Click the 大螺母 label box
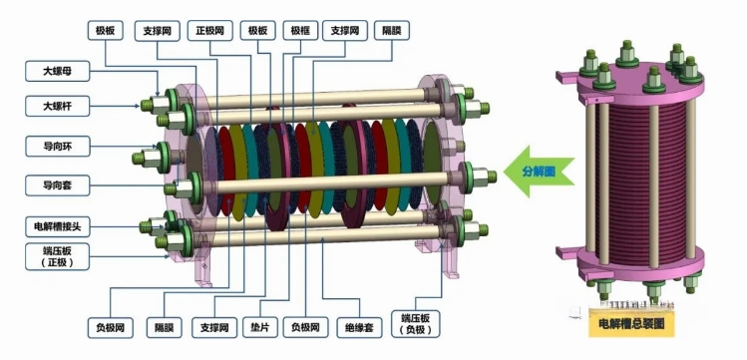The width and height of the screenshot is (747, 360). tap(57, 72)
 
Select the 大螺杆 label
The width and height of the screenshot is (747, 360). tap(57, 106)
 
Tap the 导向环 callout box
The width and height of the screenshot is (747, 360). tap(57, 147)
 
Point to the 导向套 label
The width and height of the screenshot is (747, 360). tap(57, 184)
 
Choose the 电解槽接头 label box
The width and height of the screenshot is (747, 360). tap(57, 226)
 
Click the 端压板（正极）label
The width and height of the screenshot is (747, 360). tap(57, 257)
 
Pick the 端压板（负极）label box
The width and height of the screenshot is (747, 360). tap(415, 324)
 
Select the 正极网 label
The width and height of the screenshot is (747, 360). tap(210, 31)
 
